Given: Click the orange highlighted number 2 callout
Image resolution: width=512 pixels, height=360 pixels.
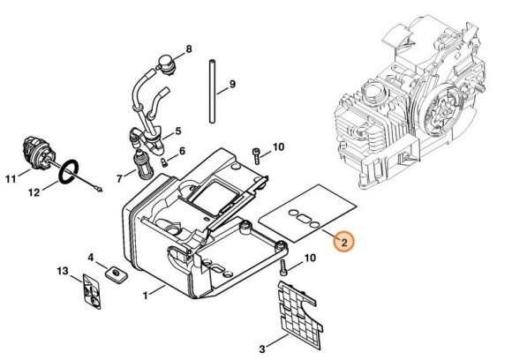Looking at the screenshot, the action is (343, 242).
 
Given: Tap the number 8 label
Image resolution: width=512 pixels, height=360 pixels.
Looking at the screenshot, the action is (189, 49).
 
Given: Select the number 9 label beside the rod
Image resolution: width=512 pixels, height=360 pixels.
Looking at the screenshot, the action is (232, 84).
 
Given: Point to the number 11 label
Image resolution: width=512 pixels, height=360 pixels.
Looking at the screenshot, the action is (11, 179).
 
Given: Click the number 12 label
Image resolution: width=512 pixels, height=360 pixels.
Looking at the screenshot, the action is (34, 192).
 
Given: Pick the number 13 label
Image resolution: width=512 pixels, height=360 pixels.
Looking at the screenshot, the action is (63, 271).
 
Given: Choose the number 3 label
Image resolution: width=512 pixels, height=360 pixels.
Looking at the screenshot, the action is (262, 349).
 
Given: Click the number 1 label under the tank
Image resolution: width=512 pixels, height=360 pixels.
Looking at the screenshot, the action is (146, 296).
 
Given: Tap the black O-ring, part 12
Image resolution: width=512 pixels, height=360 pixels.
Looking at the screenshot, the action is (69, 171).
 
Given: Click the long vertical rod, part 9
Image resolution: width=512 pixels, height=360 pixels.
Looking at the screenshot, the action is (212, 91).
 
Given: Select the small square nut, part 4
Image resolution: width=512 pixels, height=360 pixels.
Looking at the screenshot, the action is (117, 273).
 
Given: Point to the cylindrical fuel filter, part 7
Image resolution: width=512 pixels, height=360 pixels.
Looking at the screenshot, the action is (139, 164).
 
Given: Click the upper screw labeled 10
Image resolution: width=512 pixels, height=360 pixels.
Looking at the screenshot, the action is (256, 156).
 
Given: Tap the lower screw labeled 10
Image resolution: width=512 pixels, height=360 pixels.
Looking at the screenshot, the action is (282, 268).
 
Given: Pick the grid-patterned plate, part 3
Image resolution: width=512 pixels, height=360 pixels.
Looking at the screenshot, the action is (300, 311).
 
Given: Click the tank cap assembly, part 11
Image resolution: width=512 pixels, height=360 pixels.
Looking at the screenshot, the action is (36, 154).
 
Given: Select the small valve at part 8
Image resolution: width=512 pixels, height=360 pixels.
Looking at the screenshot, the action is (167, 65).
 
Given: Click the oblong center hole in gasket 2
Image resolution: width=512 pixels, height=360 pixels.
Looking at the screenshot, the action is (305, 219).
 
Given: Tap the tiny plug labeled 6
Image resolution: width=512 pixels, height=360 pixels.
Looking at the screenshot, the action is (164, 162).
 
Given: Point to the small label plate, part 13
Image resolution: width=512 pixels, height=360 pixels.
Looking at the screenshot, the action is (92, 291).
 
